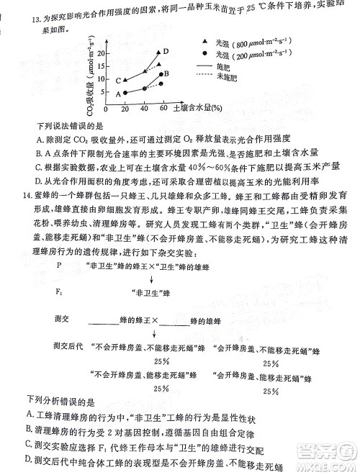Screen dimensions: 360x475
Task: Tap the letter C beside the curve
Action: coord(119,81)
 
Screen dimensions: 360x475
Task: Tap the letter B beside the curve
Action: coord(166,73)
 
